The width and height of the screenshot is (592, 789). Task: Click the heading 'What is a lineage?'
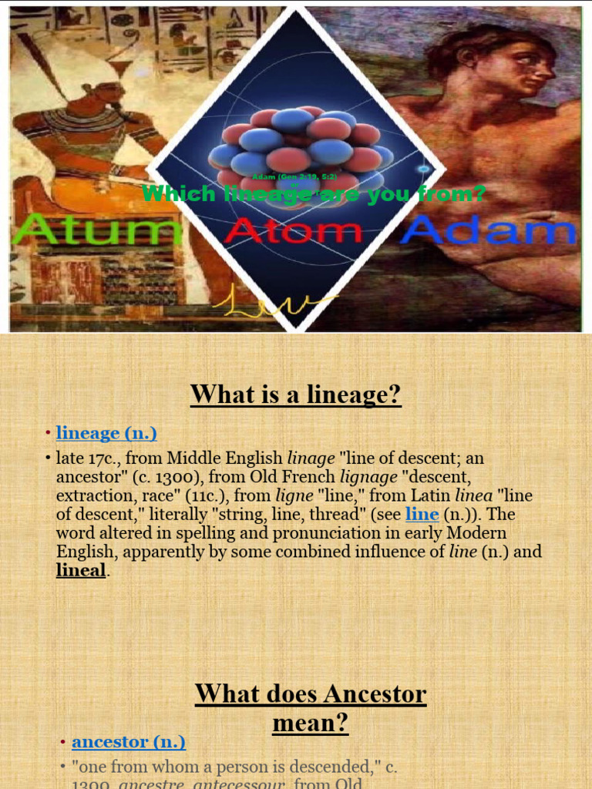click(x=296, y=394)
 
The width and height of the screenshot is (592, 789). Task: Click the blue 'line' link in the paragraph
click(x=422, y=514)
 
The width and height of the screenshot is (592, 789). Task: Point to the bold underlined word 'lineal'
click(x=80, y=570)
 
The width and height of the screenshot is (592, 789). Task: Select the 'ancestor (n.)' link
click(x=129, y=741)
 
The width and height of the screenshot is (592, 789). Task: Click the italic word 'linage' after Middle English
click(x=311, y=458)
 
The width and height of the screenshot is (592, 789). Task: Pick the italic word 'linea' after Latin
click(x=473, y=495)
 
